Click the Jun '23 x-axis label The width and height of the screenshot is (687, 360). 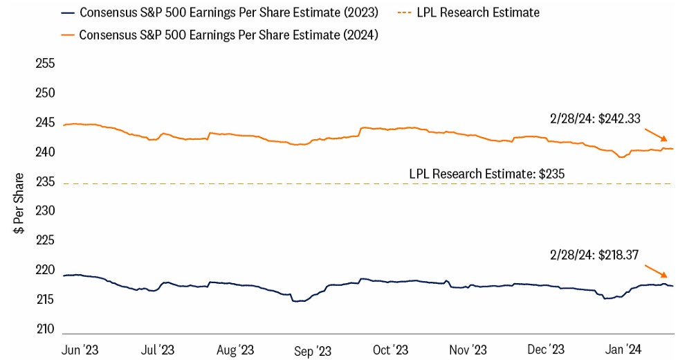point(80,350)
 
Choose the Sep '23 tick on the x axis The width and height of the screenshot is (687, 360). point(313,350)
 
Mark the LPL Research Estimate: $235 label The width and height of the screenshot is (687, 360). point(487,174)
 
